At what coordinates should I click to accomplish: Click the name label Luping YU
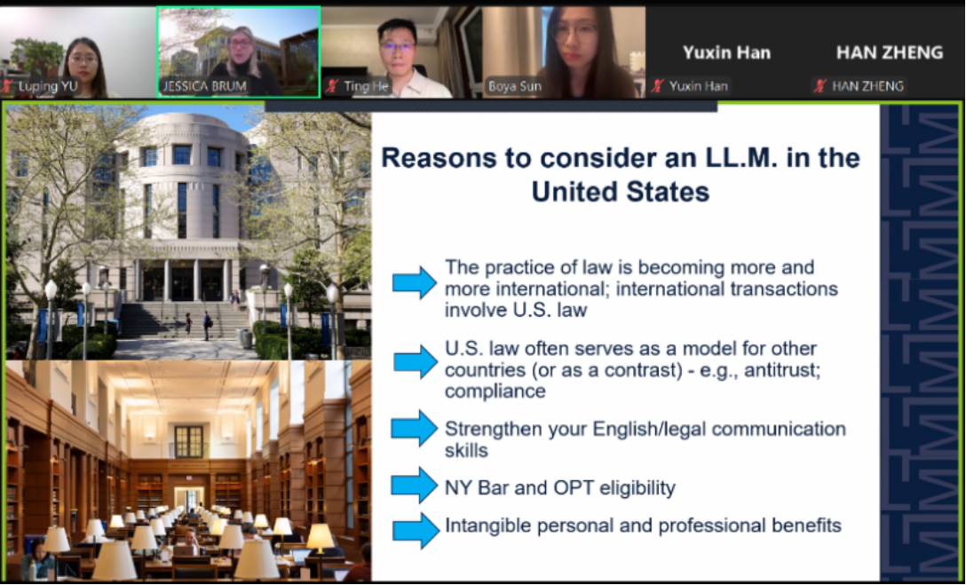[x=47, y=87]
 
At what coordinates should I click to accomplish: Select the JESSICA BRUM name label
[x=203, y=87]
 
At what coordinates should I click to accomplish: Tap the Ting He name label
[x=366, y=87]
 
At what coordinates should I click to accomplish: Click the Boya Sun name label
[x=514, y=87]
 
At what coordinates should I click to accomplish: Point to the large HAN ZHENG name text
[x=890, y=53]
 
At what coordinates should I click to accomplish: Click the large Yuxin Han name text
[x=726, y=53]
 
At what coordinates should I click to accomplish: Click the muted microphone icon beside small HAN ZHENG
[x=820, y=86]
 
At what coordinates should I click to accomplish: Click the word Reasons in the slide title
[x=436, y=158]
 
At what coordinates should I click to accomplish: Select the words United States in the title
[x=621, y=192]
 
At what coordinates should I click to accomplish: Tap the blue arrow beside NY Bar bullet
[x=415, y=486]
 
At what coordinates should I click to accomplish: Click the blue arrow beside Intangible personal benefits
[x=416, y=530]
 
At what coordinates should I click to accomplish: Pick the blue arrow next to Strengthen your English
[x=415, y=428]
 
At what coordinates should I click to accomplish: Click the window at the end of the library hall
[x=188, y=441]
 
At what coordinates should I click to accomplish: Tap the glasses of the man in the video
[x=396, y=46]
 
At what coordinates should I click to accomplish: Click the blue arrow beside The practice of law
[x=415, y=282]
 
